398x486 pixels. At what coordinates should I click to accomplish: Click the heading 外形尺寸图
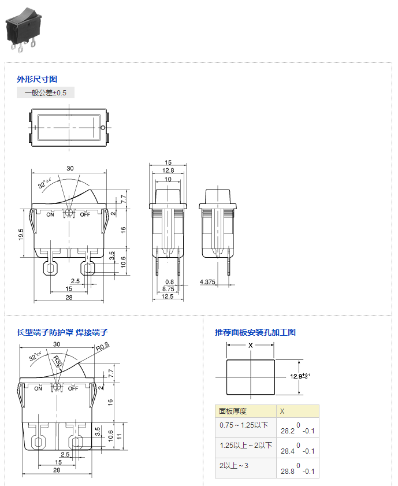37,79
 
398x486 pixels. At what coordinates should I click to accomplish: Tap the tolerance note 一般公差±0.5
46,92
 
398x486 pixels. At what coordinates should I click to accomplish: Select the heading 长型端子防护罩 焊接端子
62,332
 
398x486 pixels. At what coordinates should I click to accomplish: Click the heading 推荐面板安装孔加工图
255,332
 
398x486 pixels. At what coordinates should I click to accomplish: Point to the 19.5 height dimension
21,234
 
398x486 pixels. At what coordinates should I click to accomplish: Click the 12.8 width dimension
168,170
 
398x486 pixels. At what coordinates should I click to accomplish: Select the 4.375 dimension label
207,281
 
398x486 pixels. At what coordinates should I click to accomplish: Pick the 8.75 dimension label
168,288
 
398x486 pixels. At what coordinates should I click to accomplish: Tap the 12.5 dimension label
167,296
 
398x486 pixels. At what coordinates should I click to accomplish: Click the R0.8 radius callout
103,347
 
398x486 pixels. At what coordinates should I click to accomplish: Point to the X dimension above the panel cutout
250,345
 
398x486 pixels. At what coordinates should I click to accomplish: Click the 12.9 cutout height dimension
297,376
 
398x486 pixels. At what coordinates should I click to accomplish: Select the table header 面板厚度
233,411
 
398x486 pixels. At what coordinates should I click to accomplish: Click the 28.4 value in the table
287,451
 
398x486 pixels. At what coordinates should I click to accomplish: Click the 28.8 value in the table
287,472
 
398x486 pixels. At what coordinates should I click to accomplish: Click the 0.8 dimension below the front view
169,281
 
